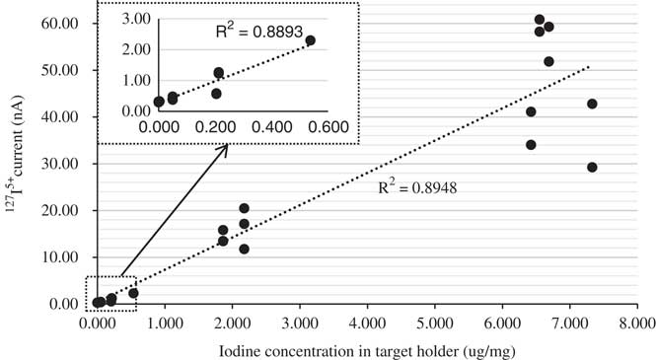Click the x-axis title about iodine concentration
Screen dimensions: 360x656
coord(364,348)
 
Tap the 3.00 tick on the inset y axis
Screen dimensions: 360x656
coord(137,19)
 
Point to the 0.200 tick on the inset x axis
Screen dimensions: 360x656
coord(216,126)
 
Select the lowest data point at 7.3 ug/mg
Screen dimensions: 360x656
coord(592,167)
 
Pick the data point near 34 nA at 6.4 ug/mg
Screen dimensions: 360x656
coord(531,144)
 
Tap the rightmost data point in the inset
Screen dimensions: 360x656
coord(310,40)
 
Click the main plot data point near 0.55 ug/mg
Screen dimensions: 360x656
coord(133,293)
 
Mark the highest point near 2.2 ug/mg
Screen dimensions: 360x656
coord(244,208)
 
